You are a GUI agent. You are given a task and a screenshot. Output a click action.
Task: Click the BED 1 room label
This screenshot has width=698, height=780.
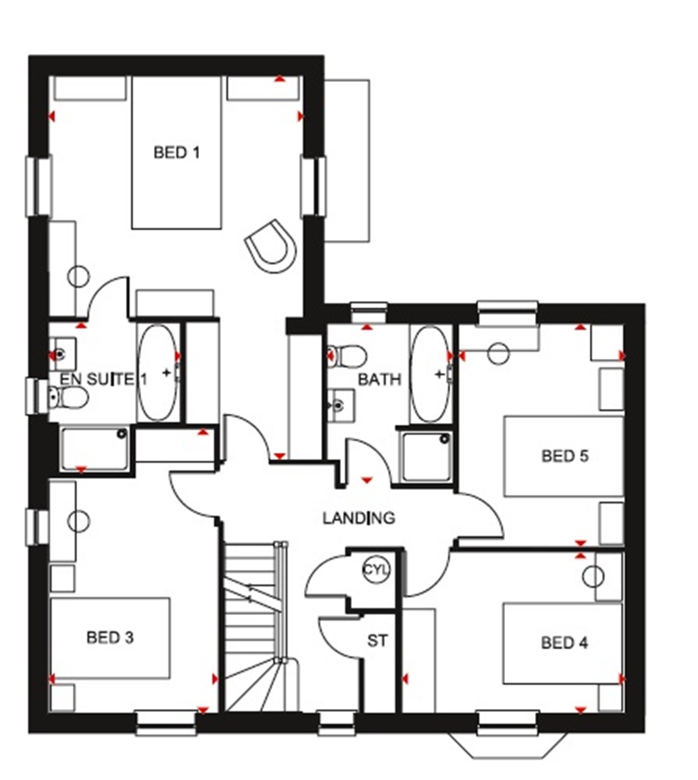(177, 152)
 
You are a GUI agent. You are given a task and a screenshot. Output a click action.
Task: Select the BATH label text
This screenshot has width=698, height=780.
(380, 379)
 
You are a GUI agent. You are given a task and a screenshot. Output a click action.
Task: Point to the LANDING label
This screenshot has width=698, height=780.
(359, 518)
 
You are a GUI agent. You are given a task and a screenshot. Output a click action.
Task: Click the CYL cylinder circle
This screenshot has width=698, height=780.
(374, 569)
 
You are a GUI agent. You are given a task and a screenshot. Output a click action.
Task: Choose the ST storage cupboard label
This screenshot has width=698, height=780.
(376, 641)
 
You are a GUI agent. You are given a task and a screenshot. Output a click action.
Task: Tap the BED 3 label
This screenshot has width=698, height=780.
(110, 637)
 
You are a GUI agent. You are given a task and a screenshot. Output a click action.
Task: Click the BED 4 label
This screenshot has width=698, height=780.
(564, 642)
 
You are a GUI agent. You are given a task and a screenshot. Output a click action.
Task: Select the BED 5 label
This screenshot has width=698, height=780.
(564, 455)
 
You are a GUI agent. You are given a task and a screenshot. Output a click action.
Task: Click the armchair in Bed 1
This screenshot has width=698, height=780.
(271, 245)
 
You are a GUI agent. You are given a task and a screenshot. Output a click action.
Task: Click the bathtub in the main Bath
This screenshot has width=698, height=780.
(429, 375)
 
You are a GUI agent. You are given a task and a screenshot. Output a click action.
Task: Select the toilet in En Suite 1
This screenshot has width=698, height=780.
(68, 396)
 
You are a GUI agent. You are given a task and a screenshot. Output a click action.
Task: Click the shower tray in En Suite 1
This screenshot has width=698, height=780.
(95, 448)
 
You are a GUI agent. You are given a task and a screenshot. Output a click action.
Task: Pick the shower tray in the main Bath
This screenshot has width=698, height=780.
(427, 456)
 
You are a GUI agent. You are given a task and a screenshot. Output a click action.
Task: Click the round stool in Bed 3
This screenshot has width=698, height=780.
(79, 521)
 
